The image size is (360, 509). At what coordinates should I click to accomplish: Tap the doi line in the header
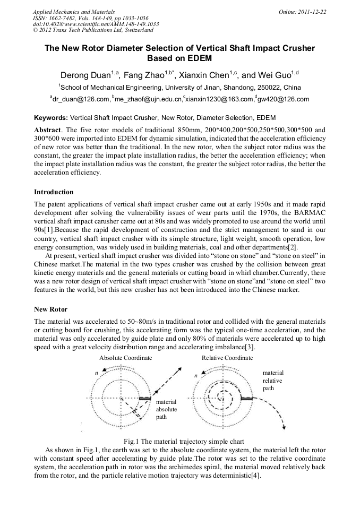[96, 24]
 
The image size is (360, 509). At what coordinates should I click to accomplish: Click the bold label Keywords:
[51, 117]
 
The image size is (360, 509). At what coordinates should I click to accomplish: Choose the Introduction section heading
[54, 192]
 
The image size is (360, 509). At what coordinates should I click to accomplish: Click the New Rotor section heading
[50, 309]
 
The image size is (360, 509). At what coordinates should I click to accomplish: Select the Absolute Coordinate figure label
[125, 358]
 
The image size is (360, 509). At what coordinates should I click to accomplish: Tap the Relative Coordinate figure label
[227, 358]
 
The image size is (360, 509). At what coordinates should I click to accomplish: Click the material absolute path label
[167, 409]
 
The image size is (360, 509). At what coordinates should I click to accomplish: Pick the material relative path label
[273, 381]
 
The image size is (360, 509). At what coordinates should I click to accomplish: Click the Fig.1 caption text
[184, 441]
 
